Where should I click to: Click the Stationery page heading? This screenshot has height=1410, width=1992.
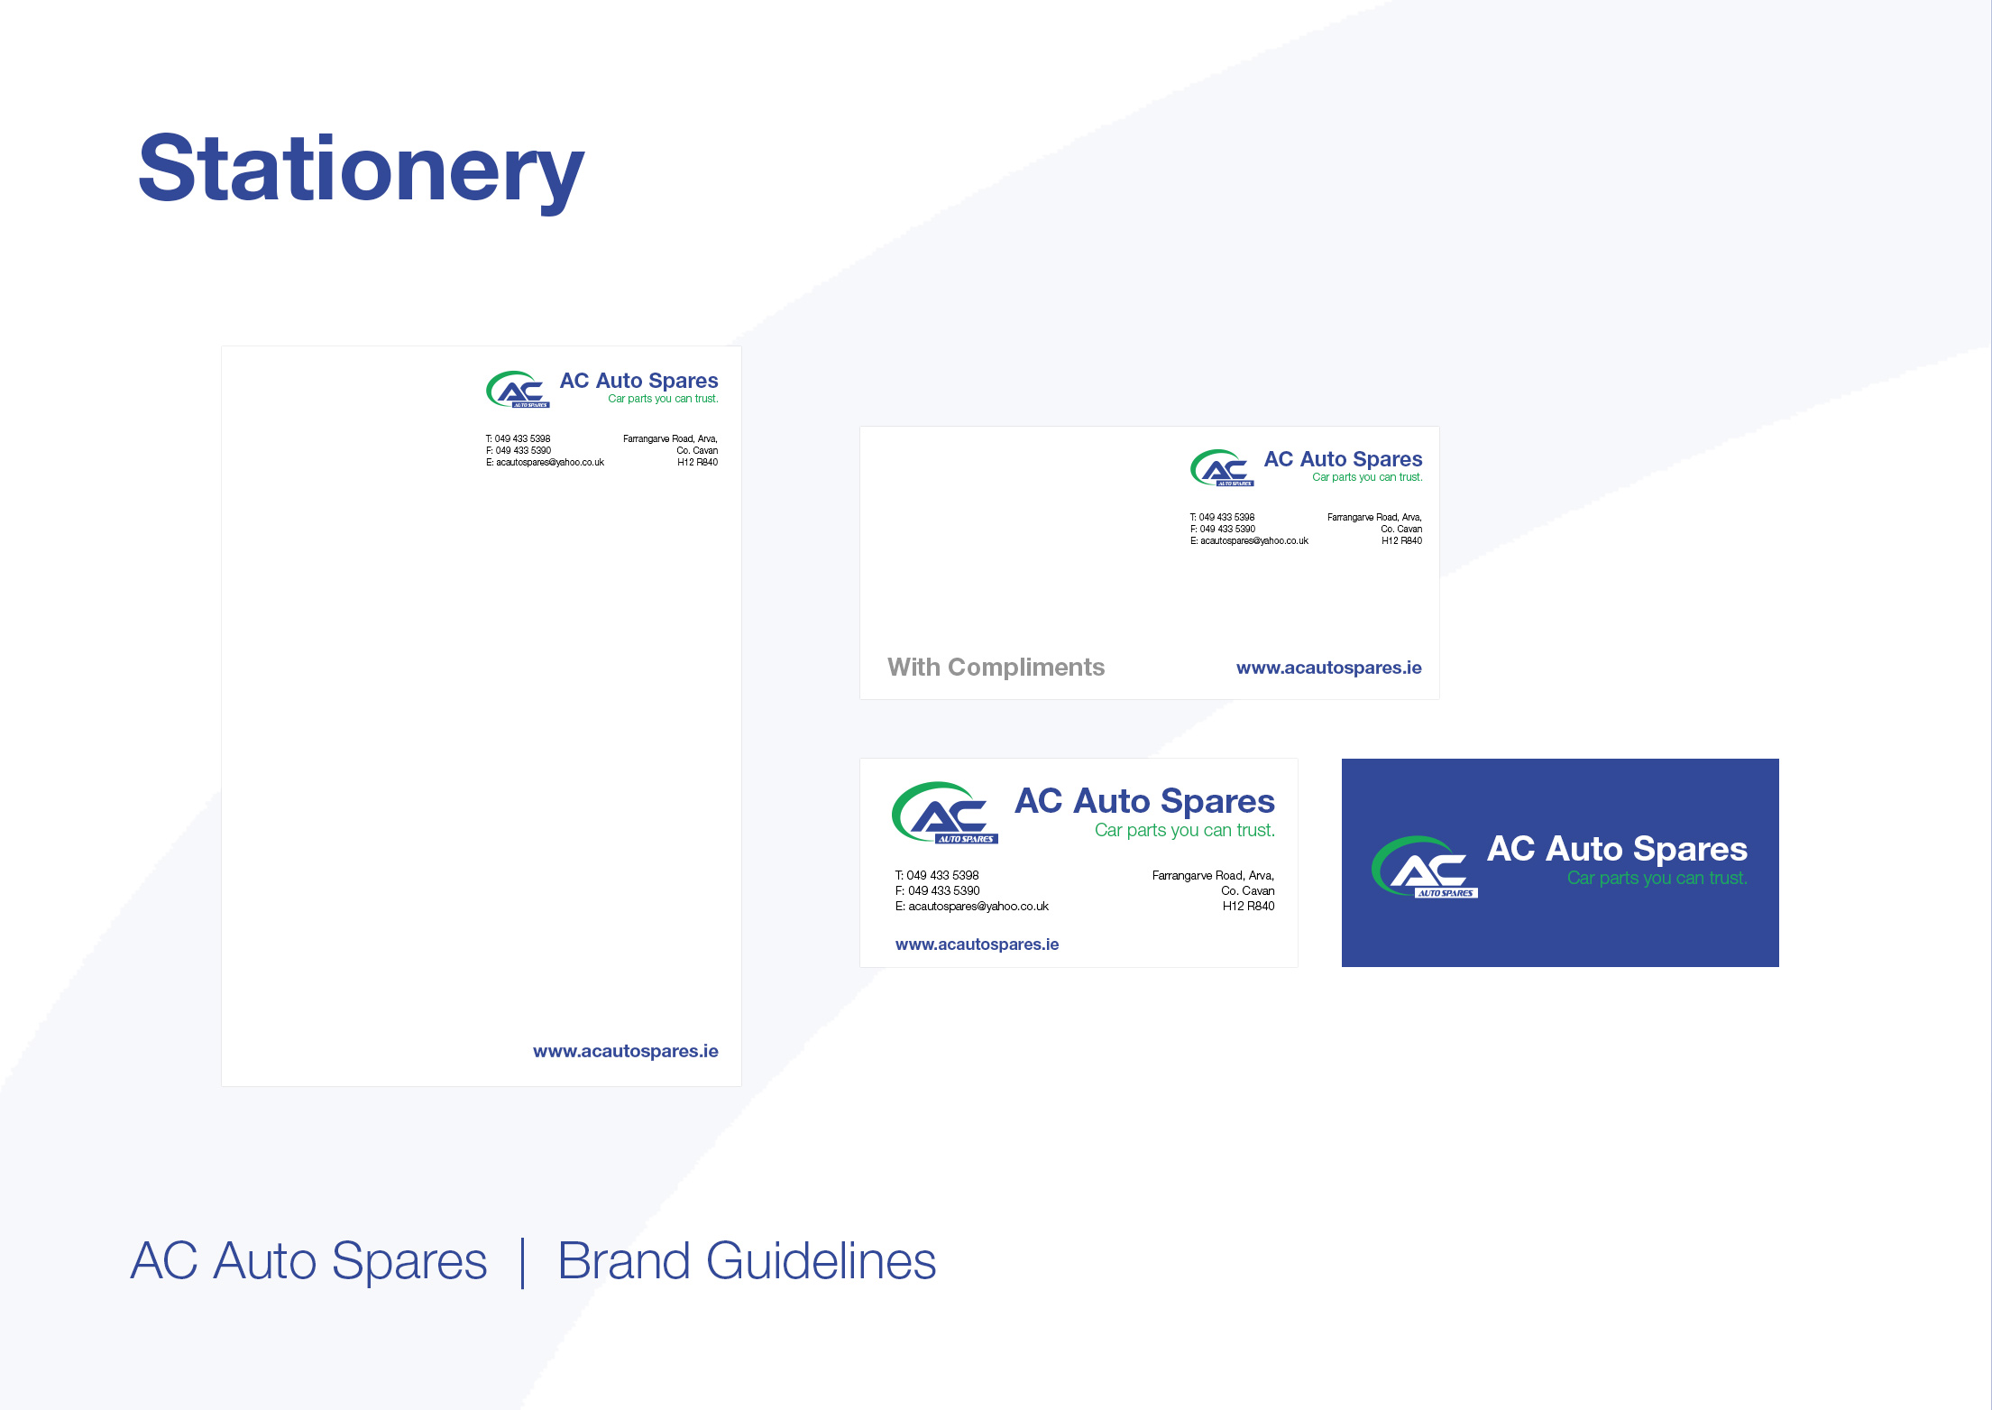pos(361,169)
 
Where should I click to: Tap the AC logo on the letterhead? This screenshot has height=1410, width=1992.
pos(518,390)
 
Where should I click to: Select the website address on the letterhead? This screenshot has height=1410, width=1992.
pos(625,1051)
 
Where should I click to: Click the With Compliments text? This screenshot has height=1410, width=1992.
pos(996,668)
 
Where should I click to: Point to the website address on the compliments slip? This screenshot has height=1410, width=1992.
pos(1328,668)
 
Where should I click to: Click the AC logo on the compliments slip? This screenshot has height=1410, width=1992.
pos(1222,468)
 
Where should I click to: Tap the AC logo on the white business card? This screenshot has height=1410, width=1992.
pos(945,813)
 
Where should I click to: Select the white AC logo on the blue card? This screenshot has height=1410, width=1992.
pos(1425,867)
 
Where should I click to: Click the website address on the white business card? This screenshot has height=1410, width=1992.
pos(977,945)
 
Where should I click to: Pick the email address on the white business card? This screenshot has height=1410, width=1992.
pos(971,907)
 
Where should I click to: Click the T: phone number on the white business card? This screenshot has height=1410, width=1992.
pos(936,876)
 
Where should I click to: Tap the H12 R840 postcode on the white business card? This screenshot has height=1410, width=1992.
pos(1248,907)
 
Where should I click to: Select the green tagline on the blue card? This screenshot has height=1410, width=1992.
pos(1657,878)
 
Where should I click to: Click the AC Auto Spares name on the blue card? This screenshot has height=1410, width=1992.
pos(1617,849)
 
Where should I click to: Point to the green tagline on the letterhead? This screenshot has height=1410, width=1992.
pos(663,399)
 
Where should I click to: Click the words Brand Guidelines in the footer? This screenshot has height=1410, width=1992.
pos(747,1260)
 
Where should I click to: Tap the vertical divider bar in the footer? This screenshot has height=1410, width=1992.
pos(523,1263)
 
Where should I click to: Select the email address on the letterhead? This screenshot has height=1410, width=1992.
pos(545,463)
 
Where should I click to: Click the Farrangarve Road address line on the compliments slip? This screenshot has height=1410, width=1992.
pos(1374,518)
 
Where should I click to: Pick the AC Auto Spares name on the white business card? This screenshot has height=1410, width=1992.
pos(1144,801)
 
